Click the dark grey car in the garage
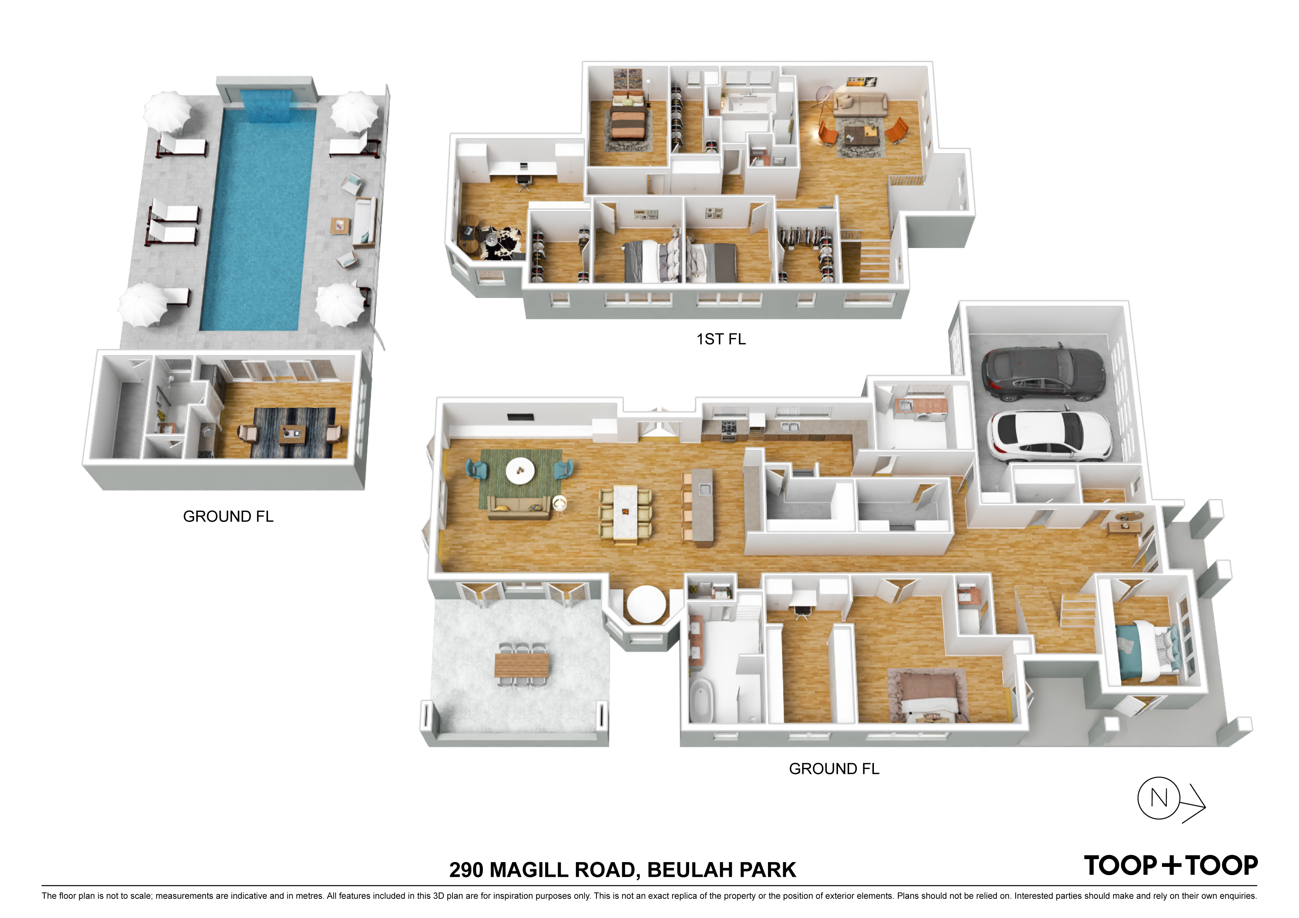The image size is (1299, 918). (1043, 373)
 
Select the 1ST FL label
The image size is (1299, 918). (721, 339)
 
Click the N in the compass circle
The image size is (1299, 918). (1159, 798)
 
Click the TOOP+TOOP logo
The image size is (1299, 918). (1171, 866)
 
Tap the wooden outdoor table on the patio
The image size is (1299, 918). (522, 664)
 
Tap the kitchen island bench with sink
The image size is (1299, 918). (702, 507)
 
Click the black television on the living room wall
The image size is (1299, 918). (521, 418)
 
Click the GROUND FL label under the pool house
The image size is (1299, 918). (228, 516)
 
